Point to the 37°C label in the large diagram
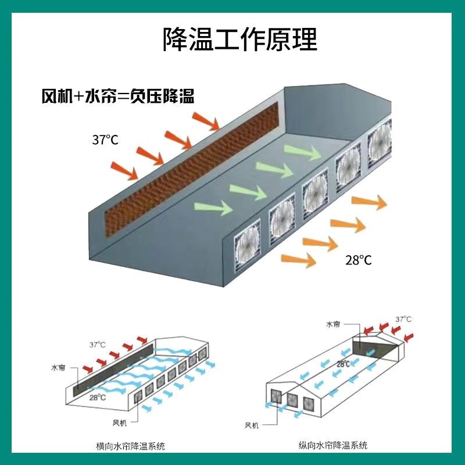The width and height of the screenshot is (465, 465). [105, 139]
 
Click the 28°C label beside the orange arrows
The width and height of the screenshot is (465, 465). [358, 260]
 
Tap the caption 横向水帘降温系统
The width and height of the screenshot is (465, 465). [131, 446]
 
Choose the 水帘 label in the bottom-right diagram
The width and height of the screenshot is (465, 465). [332, 324]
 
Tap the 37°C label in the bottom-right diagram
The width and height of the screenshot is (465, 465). [403, 319]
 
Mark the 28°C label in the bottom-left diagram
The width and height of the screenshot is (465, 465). [97, 398]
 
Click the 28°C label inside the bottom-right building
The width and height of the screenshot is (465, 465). [344, 364]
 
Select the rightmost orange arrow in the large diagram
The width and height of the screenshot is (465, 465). [370, 202]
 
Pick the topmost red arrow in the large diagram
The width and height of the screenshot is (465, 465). [206, 121]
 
